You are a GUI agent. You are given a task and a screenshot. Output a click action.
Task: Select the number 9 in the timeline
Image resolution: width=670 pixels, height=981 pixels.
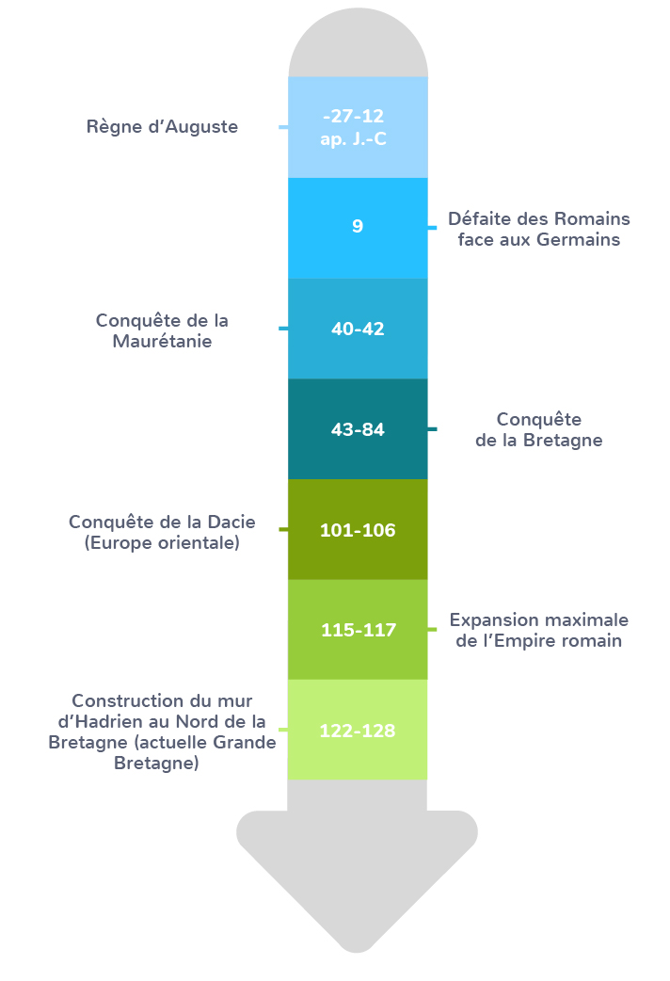pos(358,227)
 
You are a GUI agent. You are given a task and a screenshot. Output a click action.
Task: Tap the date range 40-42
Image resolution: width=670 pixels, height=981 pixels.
pos(358,329)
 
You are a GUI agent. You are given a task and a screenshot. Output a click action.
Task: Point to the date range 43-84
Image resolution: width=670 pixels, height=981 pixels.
pos(358,429)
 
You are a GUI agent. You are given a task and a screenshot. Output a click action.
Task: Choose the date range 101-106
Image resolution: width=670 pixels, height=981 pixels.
pos(358,530)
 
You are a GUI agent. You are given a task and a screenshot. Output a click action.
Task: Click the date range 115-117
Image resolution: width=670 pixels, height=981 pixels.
pos(358,630)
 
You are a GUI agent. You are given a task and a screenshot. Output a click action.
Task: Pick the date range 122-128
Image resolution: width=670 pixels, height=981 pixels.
pos(358,730)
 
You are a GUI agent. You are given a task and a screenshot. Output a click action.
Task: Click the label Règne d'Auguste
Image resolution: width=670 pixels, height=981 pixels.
pos(162,126)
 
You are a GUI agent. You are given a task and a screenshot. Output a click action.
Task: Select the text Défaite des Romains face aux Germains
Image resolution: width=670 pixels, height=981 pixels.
pos(538,229)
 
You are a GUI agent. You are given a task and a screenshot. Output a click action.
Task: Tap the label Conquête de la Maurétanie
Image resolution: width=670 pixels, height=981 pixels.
pos(162,330)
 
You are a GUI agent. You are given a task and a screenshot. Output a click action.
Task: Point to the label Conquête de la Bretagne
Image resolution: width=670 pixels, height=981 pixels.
pos(538,429)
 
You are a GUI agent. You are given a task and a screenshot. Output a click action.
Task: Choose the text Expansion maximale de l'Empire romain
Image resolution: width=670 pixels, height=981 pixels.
pos(538,631)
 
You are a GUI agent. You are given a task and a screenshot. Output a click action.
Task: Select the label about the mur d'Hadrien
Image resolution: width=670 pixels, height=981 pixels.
pos(162,732)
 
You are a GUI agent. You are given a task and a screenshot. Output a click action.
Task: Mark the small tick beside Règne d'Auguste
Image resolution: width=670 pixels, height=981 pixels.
pos(283,127)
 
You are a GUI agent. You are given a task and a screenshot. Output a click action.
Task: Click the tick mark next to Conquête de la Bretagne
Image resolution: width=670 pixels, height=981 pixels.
pos(432,429)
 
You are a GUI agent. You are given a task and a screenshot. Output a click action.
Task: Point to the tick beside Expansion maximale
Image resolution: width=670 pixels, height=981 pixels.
pos(432,630)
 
